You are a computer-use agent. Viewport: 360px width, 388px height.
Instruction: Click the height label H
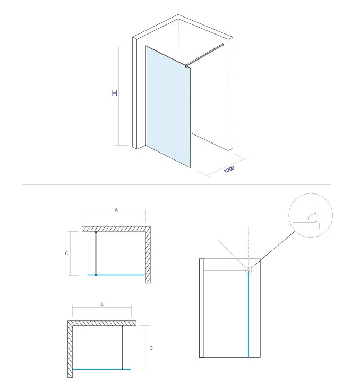point(114,94)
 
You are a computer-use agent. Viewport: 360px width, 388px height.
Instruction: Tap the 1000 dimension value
point(229,170)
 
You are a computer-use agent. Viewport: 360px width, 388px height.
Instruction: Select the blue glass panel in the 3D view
point(167,106)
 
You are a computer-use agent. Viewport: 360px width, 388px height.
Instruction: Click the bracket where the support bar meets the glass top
point(187,66)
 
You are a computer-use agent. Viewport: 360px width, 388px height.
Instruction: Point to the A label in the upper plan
point(116,210)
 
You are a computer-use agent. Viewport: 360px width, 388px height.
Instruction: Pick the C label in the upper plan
point(66,254)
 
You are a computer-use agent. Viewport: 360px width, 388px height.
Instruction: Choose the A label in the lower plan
point(101,305)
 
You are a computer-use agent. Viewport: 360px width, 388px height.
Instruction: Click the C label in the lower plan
point(151,348)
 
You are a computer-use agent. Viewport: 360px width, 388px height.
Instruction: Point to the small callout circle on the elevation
point(248,270)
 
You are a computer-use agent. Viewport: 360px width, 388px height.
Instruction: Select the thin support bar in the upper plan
point(96,253)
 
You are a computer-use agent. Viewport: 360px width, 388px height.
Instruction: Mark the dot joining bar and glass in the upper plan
point(96,275)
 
